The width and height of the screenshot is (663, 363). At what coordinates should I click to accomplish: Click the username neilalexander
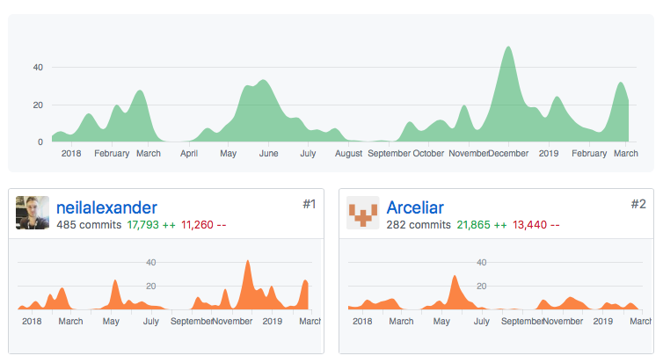(x=106, y=208)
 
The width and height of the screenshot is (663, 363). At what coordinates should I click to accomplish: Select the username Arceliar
(x=419, y=208)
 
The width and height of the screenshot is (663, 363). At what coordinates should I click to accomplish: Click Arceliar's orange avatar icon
(x=363, y=214)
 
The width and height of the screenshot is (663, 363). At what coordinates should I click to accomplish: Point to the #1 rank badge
(x=309, y=204)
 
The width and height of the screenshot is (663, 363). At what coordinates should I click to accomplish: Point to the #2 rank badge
(x=638, y=204)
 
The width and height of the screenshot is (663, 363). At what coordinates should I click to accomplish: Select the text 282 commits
(x=419, y=225)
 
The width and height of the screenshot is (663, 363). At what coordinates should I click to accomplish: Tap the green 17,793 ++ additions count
(x=150, y=225)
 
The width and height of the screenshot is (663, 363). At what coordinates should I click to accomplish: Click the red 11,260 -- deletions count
(x=204, y=225)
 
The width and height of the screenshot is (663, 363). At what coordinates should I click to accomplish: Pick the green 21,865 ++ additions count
(x=481, y=225)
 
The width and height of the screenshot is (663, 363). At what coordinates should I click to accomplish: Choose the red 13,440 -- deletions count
(x=535, y=225)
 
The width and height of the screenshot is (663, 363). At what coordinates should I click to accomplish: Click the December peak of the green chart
(x=507, y=49)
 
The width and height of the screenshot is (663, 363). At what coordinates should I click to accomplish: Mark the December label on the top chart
(x=508, y=153)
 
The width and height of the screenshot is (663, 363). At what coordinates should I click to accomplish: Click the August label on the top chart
(x=349, y=153)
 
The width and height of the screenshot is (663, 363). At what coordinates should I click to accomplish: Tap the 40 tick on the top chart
(x=38, y=67)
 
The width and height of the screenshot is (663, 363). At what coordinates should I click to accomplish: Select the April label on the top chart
(x=189, y=153)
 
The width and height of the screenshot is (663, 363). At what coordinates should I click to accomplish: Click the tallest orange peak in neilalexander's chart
(x=248, y=262)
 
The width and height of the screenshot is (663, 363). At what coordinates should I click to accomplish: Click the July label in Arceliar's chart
(x=482, y=321)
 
